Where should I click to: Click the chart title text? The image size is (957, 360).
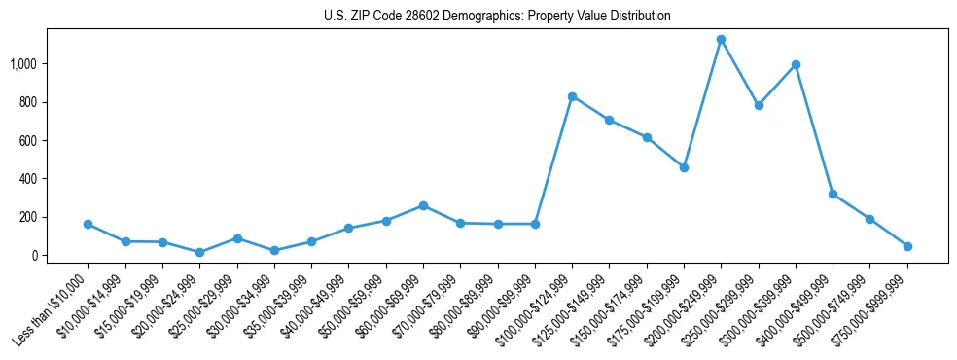tap(497, 17)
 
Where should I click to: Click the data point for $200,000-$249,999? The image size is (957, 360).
tap(721, 40)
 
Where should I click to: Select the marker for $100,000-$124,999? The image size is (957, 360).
tap(572, 96)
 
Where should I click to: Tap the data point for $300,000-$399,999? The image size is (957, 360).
tap(796, 65)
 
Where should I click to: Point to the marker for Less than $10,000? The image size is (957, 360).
tap(88, 224)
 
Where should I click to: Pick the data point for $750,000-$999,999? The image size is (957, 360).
tap(907, 246)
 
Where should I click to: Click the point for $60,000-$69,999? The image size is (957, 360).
tap(423, 205)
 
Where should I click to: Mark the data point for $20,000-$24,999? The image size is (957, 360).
tap(199, 252)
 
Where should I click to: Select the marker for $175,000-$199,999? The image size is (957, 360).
tap(684, 167)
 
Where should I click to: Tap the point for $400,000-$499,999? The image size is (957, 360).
tap(833, 194)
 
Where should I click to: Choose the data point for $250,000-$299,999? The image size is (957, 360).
tap(759, 105)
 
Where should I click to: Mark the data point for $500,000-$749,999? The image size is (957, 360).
tap(869, 219)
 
